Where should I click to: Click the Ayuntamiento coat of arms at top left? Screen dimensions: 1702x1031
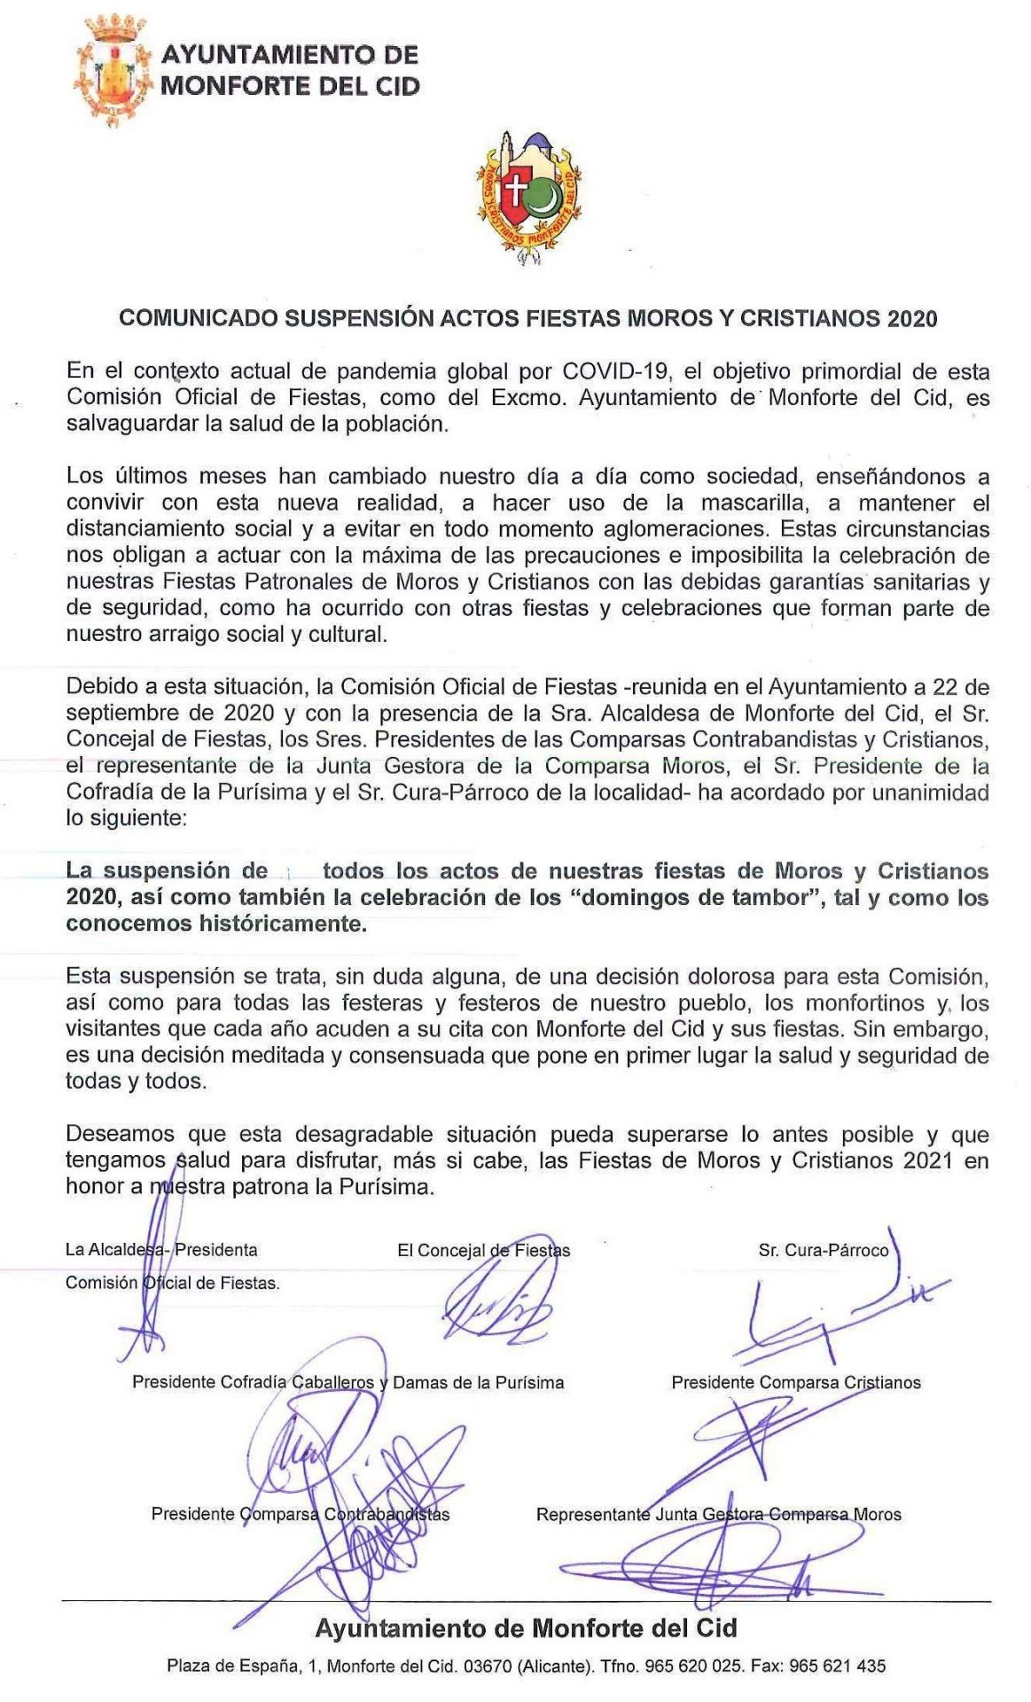coord(111,71)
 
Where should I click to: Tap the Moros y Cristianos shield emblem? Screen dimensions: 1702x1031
coord(528,197)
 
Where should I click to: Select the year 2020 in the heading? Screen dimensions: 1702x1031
coord(912,319)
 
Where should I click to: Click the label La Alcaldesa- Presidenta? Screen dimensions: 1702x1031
coord(161,1250)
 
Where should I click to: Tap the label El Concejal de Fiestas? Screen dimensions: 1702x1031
coord(483,1250)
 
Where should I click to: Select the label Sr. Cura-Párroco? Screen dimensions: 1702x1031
coord(823,1250)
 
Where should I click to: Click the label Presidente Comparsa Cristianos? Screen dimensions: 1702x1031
coord(795,1382)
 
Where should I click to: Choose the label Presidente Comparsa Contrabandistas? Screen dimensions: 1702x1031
coord(300,1514)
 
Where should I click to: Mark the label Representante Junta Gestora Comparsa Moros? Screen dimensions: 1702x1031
coord(718,1515)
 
